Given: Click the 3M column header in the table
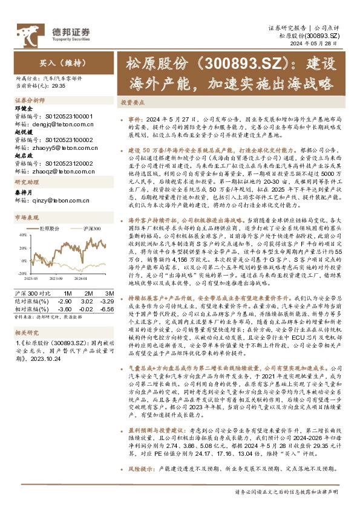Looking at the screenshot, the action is pyautogui.click(x=87, y=293).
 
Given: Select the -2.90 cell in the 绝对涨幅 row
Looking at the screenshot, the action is pyautogui.click(x=66, y=300).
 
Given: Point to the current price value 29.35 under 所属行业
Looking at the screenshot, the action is pyautogui.click(x=59, y=86).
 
